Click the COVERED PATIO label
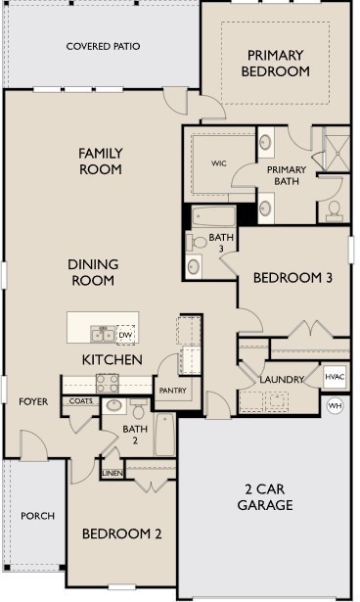coord(103,46)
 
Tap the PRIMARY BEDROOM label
coord(278,64)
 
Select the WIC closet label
coord(218,164)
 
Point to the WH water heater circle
coord(336,404)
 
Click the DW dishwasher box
coord(125,336)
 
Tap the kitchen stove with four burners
coord(108,383)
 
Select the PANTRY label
coord(172,392)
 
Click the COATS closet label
coord(80,401)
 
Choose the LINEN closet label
coord(112,474)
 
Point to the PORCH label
coord(37,516)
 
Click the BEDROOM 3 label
coord(293,278)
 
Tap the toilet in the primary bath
coord(334,210)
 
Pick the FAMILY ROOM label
coord(101,162)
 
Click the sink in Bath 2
coord(112,405)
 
